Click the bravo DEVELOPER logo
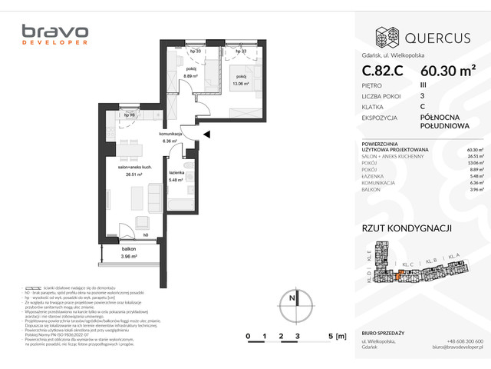(x=55, y=35)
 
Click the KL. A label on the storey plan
(x=453, y=256)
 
